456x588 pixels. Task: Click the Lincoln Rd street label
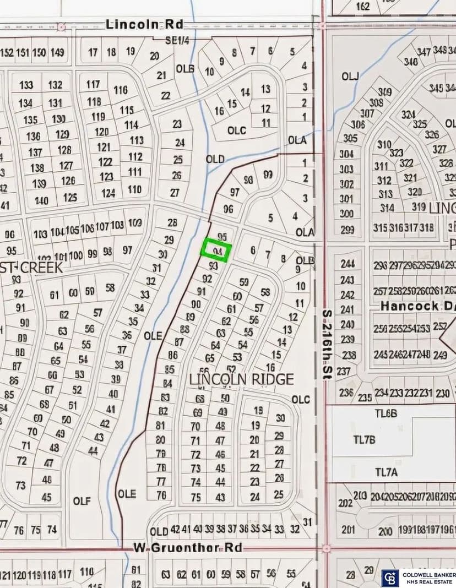click(x=144, y=24)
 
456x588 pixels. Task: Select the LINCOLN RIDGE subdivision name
click(x=241, y=379)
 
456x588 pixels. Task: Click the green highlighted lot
click(x=216, y=249)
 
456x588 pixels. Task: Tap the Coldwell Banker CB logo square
click(x=390, y=578)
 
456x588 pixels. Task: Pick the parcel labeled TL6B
click(x=386, y=413)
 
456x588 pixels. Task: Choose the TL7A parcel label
click(x=386, y=472)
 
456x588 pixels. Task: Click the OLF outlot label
click(x=82, y=501)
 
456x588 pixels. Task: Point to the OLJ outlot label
click(x=350, y=77)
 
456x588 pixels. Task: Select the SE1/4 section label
click(x=178, y=40)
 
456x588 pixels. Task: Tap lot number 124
click(x=108, y=193)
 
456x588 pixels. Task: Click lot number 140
click(x=41, y=200)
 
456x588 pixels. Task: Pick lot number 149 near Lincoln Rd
click(x=57, y=52)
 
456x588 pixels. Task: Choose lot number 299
click(x=347, y=230)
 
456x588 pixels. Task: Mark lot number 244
click(x=348, y=264)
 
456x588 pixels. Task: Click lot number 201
click(x=348, y=530)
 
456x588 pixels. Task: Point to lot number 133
click(x=26, y=85)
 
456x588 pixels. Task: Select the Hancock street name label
click(x=410, y=306)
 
